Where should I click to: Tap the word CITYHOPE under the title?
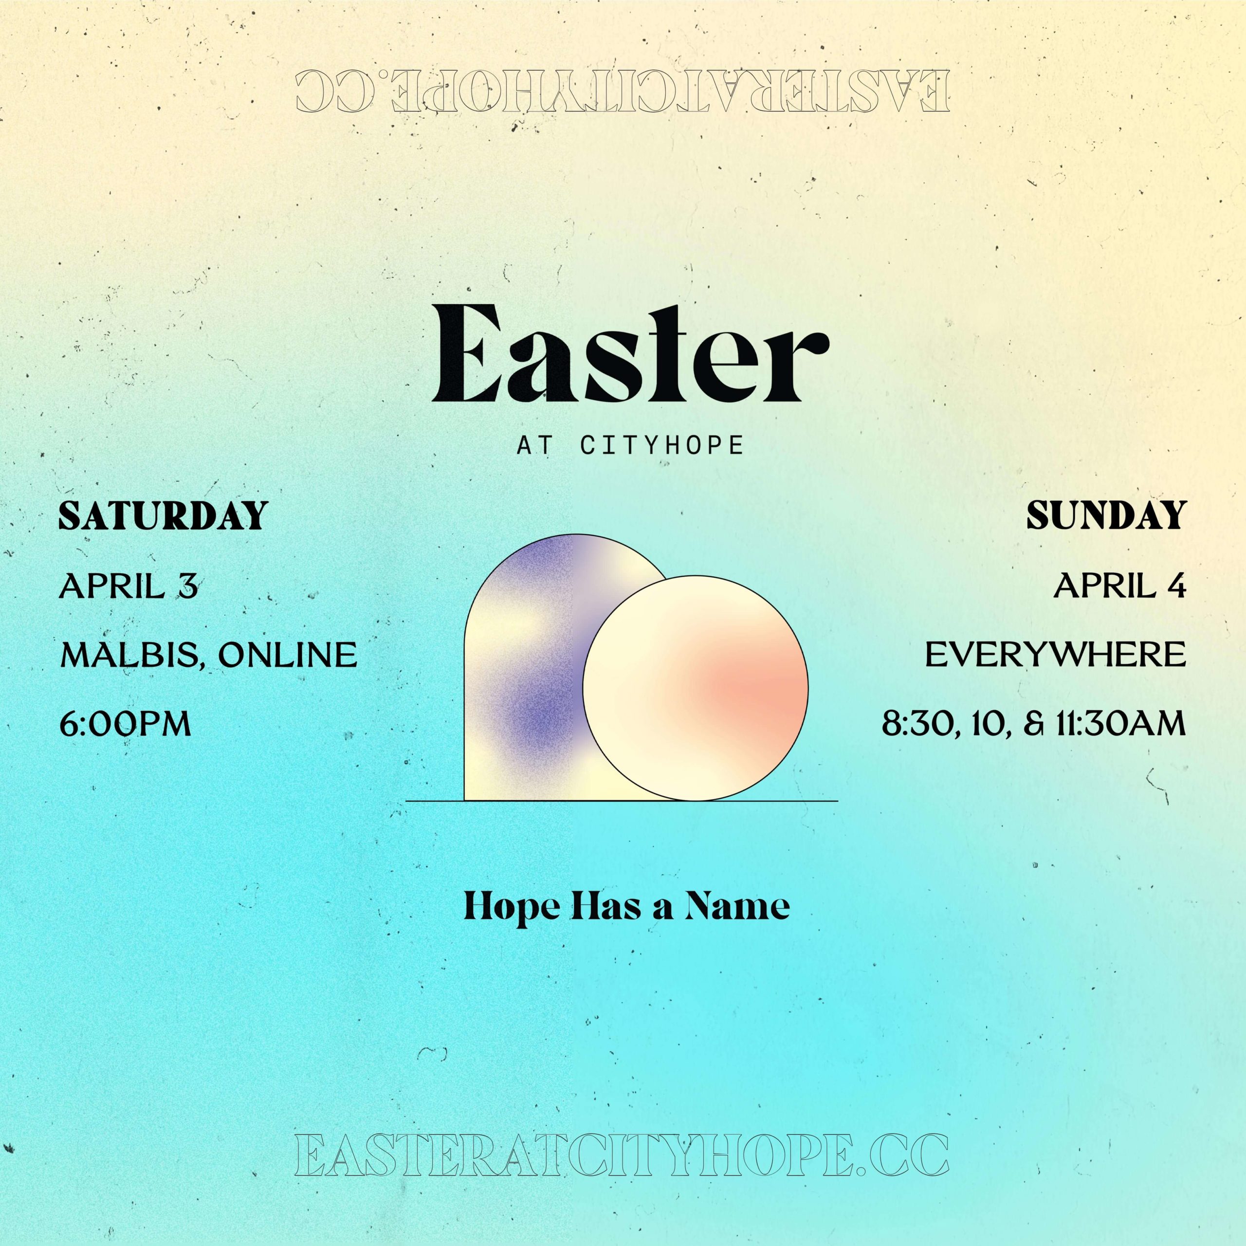coord(662,446)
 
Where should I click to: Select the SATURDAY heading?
coord(163,516)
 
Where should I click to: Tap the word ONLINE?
coord(287,655)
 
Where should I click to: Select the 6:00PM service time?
coord(126,724)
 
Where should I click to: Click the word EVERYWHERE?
coord(1056,655)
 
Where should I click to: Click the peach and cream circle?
coord(695,688)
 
